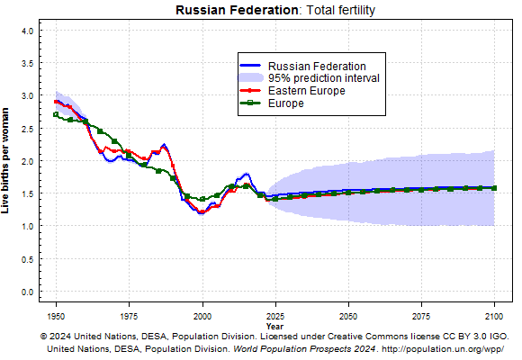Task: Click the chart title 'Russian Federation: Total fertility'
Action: [x=275, y=10]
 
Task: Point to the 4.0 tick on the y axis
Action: [x=28, y=31]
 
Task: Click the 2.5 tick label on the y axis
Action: [x=28, y=129]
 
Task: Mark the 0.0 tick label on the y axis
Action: [x=28, y=292]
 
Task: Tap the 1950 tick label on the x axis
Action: [x=56, y=316]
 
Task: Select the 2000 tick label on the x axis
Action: [x=202, y=316]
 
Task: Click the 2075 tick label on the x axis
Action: [x=421, y=316]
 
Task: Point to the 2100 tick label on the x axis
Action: [x=494, y=316]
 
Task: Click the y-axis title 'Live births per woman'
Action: [x=5, y=160]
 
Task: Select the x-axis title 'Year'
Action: [x=275, y=327]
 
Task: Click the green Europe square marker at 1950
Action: [x=56, y=114]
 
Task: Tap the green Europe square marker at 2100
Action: [x=494, y=188]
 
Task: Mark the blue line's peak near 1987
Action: [x=164, y=145]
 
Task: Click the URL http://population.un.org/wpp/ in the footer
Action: [x=443, y=349]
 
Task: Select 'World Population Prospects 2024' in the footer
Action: [x=304, y=349]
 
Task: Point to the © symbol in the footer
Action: [x=43, y=337]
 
